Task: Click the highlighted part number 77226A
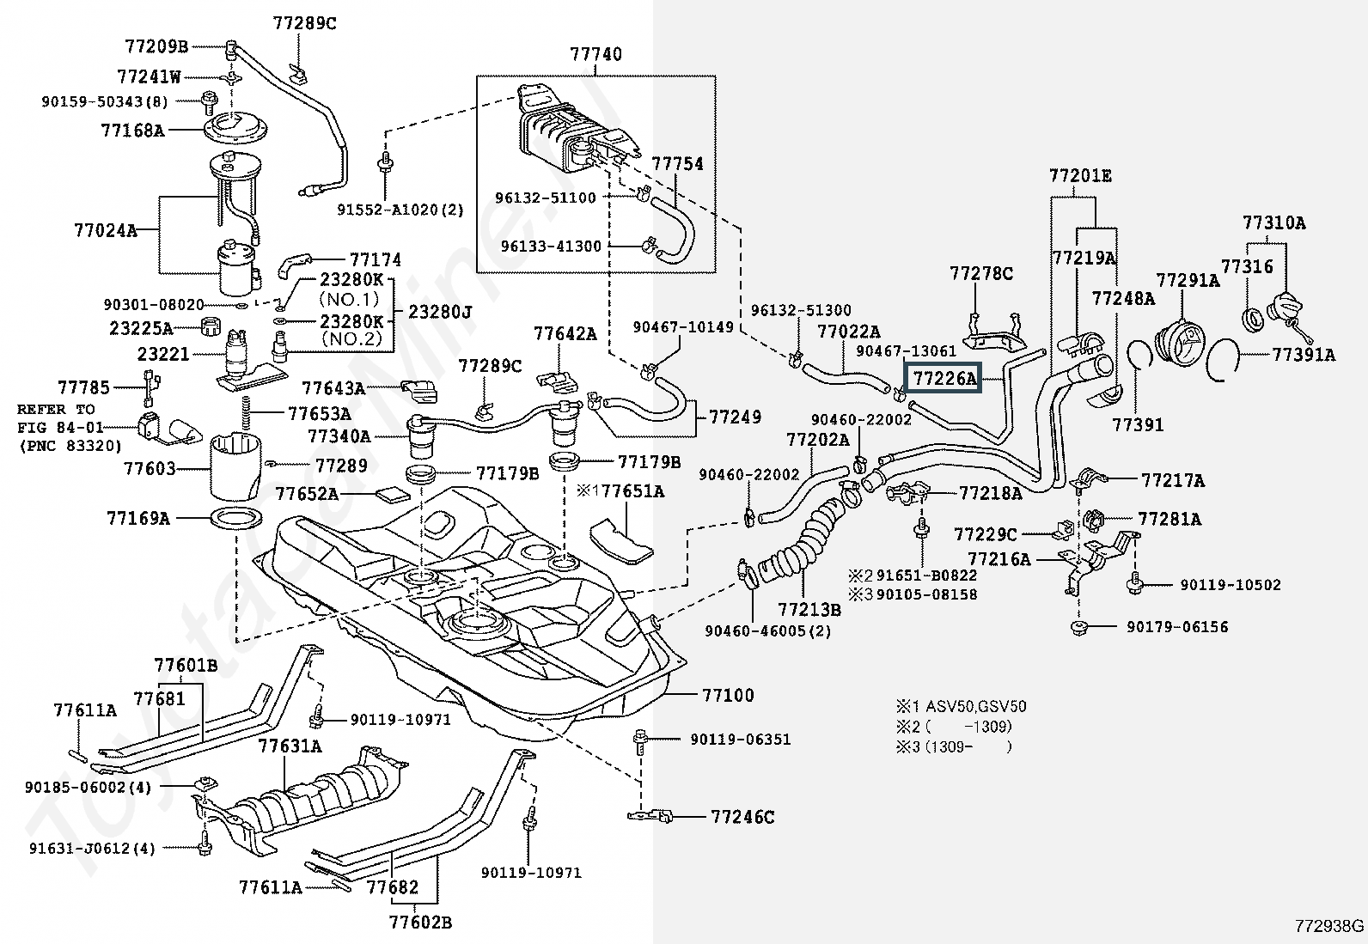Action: (x=944, y=379)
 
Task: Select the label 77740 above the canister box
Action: (x=595, y=54)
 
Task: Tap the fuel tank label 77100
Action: (x=728, y=695)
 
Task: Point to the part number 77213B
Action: (x=809, y=609)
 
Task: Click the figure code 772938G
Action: (x=1329, y=926)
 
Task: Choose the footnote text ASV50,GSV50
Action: (x=976, y=706)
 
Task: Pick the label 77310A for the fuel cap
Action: (x=1274, y=222)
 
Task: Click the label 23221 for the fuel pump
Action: (x=163, y=354)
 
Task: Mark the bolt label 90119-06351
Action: (x=740, y=740)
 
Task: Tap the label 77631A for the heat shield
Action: (x=290, y=746)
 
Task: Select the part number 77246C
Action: (x=742, y=817)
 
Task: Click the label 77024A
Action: (x=106, y=230)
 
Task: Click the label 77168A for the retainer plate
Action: (x=132, y=130)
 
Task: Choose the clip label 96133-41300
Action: (x=551, y=246)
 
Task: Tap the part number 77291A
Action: (x=1188, y=280)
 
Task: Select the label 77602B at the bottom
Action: (x=421, y=922)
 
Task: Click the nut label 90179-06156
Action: (x=1177, y=627)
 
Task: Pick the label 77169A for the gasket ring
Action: (x=138, y=519)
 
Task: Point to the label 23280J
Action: (x=440, y=312)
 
